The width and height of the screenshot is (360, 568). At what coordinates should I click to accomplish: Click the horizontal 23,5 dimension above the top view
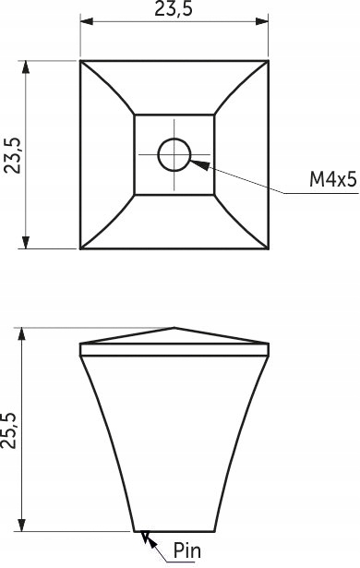tap(174, 9)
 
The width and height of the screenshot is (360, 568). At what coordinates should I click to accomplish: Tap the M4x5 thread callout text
tap(333, 179)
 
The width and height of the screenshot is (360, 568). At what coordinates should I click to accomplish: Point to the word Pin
tap(186, 550)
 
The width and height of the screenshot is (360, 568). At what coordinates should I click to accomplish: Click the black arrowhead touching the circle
tap(200, 164)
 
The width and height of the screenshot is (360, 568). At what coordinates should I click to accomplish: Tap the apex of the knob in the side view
tap(174, 328)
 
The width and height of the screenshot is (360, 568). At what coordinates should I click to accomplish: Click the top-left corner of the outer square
tap(80, 61)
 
